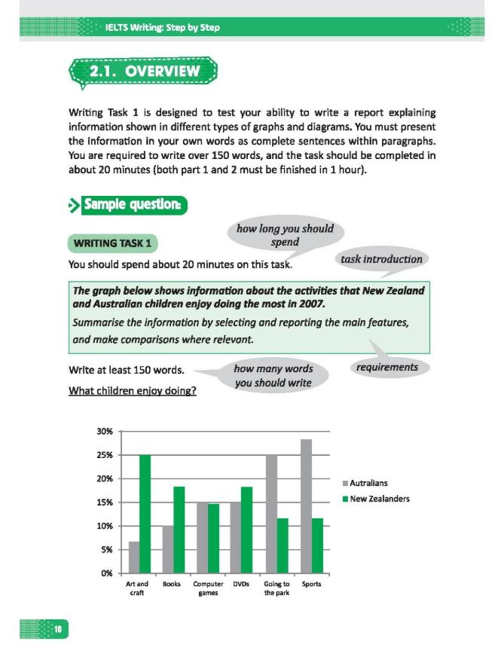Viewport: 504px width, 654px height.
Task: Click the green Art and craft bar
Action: tap(145, 514)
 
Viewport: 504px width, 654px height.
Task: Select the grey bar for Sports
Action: tap(306, 506)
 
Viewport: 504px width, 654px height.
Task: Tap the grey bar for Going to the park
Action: tap(271, 514)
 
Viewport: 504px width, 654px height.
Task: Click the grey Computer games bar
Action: tap(202, 537)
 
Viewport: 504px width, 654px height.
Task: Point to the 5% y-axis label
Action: tap(105, 549)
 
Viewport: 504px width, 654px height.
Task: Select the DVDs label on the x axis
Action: tap(241, 584)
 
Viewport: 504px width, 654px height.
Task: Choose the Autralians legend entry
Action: tap(368, 483)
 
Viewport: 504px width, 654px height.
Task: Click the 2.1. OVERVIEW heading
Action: tap(144, 72)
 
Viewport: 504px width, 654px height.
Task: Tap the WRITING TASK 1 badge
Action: tap(114, 243)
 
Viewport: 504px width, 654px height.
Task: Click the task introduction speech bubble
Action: tap(381, 259)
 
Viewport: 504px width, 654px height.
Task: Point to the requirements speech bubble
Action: tap(388, 367)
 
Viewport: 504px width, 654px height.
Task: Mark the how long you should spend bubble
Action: tap(285, 235)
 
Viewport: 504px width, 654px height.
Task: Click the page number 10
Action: tap(57, 628)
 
